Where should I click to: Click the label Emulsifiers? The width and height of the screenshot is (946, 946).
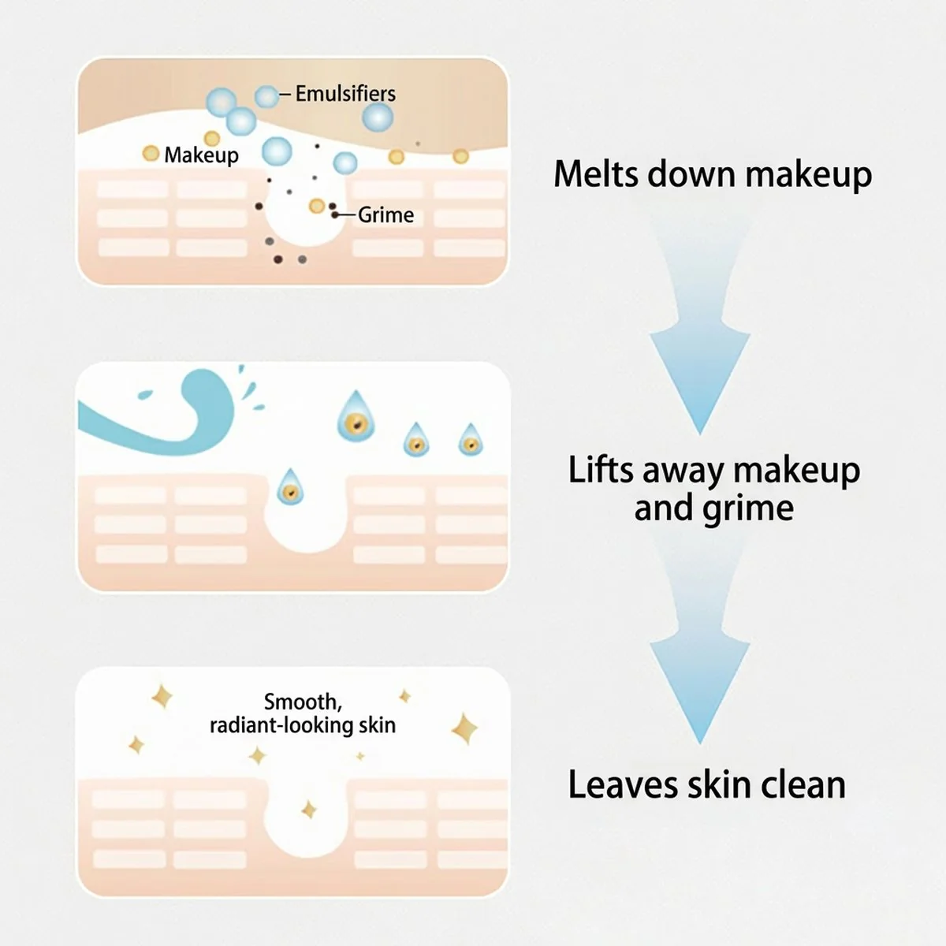coord(345,93)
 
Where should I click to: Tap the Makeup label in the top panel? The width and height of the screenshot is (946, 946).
coord(201,155)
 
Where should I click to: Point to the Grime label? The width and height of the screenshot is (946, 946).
coord(385,215)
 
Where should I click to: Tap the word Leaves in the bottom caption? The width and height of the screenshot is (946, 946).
coord(624,784)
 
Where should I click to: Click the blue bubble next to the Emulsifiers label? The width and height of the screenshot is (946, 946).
coord(266,96)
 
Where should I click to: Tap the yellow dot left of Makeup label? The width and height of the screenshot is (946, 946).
coord(151,153)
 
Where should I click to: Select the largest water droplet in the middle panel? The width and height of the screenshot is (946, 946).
coord(356,416)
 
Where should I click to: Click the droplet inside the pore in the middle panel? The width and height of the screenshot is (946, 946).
coord(290,487)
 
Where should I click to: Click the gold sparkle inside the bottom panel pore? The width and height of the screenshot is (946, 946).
coord(308,810)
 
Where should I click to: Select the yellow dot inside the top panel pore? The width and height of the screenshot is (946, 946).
coord(317,206)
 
